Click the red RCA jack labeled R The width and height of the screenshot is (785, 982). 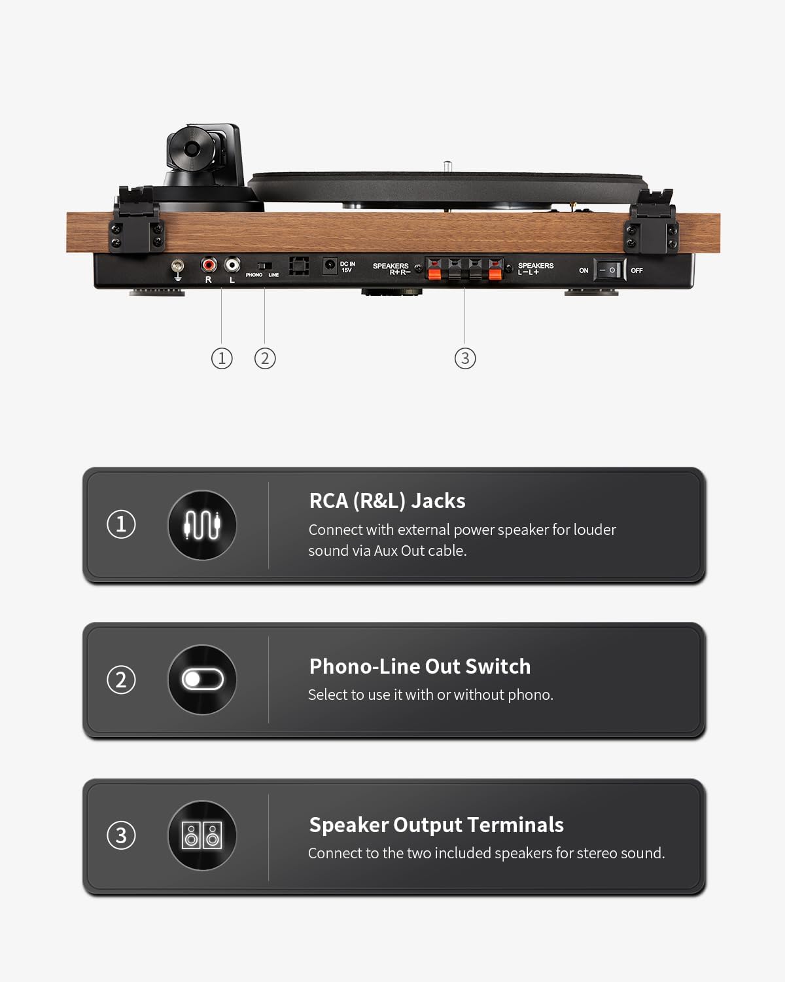tap(209, 264)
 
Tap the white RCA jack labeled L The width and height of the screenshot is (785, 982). tap(232, 264)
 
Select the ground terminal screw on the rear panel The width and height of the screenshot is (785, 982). tap(177, 266)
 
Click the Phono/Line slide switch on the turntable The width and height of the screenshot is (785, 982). tap(264, 266)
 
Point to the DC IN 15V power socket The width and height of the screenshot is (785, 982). tap(330, 265)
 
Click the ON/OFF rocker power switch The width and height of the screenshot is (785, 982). tap(608, 270)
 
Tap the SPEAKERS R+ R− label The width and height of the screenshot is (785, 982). tap(391, 268)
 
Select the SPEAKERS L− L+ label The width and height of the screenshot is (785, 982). tap(535, 268)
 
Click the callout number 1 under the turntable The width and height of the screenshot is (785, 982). tap(222, 358)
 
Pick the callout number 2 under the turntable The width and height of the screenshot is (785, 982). tap(265, 358)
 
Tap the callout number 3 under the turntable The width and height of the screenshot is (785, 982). tap(465, 358)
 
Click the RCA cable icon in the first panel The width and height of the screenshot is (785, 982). tap(202, 525)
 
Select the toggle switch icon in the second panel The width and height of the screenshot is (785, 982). tap(202, 680)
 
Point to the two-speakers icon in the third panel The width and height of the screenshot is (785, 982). tap(202, 835)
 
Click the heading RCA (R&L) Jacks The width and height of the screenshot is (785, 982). tap(387, 501)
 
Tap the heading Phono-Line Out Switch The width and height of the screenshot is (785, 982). tap(420, 666)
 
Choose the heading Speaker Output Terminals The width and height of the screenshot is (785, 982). tap(436, 825)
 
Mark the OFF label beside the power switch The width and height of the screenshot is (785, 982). tap(637, 270)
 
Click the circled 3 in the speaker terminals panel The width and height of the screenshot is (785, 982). tap(121, 835)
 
